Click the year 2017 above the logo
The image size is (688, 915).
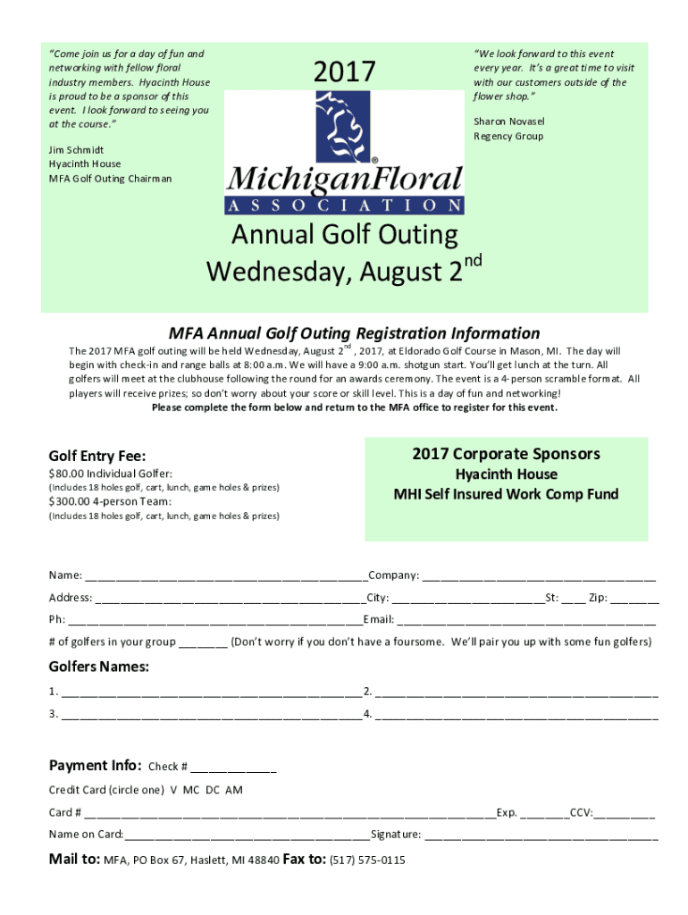pyautogui.click(x=344, y=71)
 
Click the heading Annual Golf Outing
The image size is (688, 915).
pyautogui.click(x=344, y=235)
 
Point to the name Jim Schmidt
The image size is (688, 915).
pyautogui.click(x=76, y=150)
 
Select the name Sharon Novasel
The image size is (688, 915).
pyautogui.click(x=508, y=122)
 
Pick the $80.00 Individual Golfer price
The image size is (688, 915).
pyautogui.click(x=110, y=474)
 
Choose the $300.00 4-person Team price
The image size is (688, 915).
pyautogui.click(x=110, y=501)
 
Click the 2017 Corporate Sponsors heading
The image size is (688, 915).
pyautogui.click(x=506, y=454)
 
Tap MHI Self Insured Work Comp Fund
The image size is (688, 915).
pyautogui.click(x=506, y=494)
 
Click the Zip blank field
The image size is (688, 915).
pyautogui.click(x=635, y=599)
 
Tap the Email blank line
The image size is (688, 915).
pyautogui.click(x=526, y=621)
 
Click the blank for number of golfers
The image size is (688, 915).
pyautogui.click(x=203, y=643)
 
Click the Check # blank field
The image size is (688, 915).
pyautogui.click(x=233, y=768)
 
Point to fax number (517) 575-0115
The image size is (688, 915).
pyautogui.click(x=367, y=860)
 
